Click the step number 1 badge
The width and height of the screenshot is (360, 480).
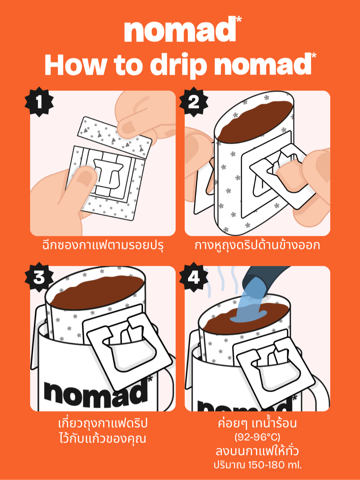[39, 102]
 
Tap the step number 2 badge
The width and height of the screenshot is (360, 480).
[194, 102]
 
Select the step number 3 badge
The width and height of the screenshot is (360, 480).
[39, 277]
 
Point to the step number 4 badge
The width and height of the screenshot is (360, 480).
[194, 277]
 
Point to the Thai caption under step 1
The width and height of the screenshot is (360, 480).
[103, 245]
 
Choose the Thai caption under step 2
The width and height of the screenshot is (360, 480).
[257, 245]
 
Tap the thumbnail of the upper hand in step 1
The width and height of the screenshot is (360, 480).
[128, 128]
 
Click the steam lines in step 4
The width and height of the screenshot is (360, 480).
[222, 282]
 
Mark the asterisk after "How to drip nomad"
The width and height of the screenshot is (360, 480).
[314, 56]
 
